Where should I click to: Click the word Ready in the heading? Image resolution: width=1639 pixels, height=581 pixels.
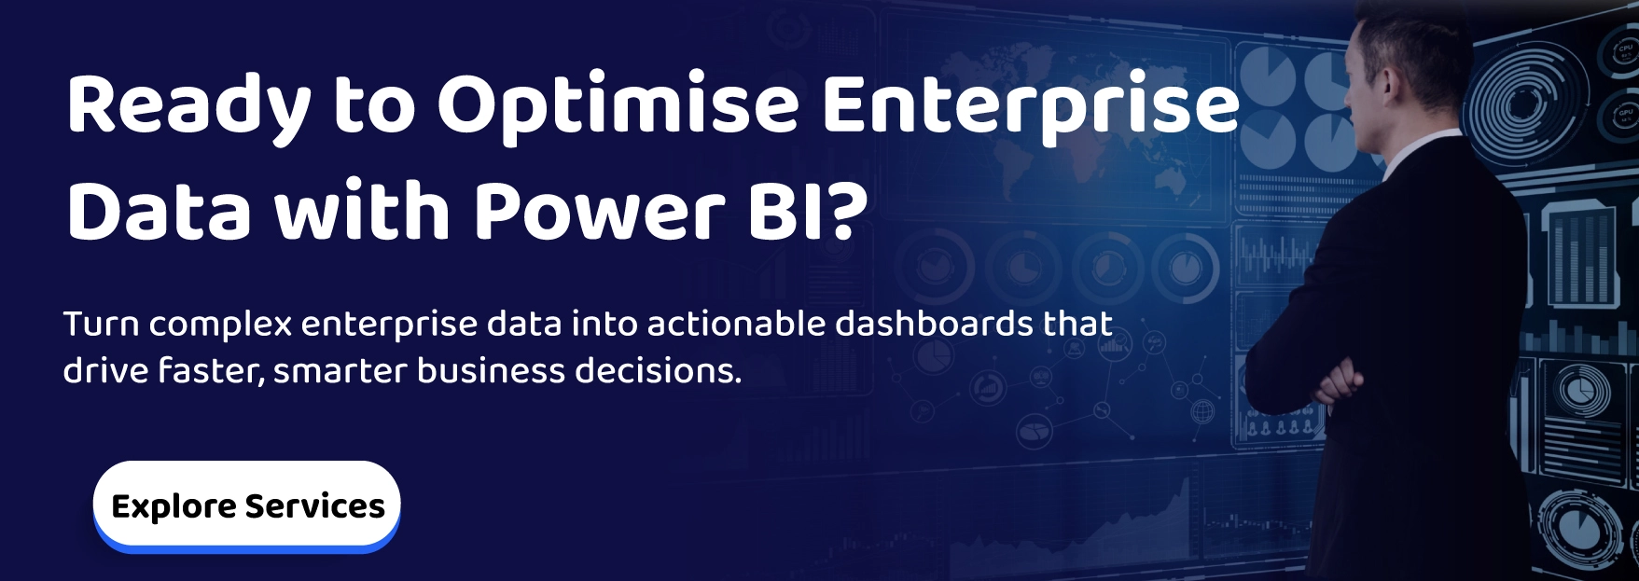click(188, 104)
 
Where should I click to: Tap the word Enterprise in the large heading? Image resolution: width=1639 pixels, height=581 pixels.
click(1030, 104)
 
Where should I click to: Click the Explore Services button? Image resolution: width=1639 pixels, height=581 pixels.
click(246, 505)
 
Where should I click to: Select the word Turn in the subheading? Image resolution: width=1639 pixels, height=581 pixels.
click(101, 325)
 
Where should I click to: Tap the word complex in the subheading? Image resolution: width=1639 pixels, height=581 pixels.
click(220, 325)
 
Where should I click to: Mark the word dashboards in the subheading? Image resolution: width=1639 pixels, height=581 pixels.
click(933, 325)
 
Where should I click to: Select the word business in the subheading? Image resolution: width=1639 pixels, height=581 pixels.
click(491, 371)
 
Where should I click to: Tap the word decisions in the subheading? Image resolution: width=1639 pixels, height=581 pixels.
click(658, 371)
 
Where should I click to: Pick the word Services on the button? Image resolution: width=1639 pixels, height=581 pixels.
click(314, 506)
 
